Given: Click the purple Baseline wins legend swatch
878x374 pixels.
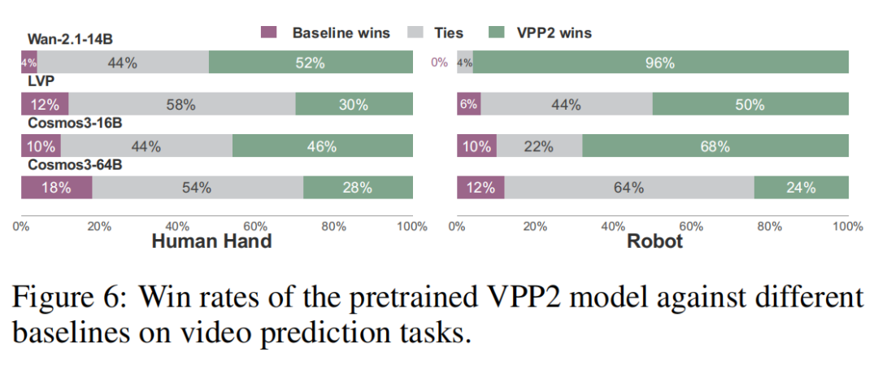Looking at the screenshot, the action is point(269,33).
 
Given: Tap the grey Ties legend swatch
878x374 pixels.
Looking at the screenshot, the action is point(416,33).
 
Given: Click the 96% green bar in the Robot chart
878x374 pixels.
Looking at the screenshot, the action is point(661,62).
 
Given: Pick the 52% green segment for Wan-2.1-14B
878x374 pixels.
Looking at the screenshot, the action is point(311,62).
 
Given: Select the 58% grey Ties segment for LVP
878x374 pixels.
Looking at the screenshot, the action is point(182,103).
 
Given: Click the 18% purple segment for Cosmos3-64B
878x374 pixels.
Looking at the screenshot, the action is point(57,187).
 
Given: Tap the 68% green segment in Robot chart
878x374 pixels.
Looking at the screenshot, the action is point(715,146).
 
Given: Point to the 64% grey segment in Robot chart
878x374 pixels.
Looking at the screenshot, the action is point(629,187).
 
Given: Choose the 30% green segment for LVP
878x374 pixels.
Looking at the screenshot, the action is point(354,103).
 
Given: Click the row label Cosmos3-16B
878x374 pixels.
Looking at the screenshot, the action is point(75,124).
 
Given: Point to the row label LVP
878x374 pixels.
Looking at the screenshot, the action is point(38,82).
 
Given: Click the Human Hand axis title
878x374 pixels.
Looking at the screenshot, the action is point(212,241).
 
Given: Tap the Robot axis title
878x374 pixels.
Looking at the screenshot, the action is point(655,241).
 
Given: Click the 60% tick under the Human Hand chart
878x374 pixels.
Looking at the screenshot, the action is point(256,226).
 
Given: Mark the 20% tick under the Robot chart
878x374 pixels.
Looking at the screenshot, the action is point(535,226).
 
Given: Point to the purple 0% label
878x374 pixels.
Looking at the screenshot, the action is point(439,63).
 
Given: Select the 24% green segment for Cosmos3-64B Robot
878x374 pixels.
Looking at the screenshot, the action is point(802,187).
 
